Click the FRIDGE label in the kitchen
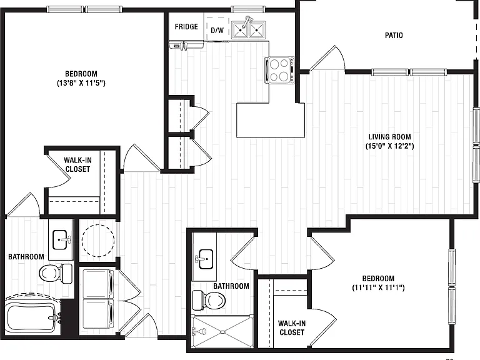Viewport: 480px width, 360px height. point(186,27)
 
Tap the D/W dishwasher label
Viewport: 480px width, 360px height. point(217,30)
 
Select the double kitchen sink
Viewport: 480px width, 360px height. point(248,29)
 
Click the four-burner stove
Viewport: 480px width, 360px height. point(280,70)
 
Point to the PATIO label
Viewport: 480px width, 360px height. point(394,35)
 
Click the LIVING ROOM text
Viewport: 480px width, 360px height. point(390,137)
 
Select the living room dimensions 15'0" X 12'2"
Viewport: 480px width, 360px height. point(390,146)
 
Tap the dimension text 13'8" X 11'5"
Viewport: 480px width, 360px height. point(81,83)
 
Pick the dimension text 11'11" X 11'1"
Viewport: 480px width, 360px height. point(378,287)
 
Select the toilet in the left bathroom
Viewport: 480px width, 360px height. point(56,273)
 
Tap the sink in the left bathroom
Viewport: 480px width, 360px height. point(61,240)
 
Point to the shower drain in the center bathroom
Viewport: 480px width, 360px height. point(223,331)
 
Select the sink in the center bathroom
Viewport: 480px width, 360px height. point(205,259)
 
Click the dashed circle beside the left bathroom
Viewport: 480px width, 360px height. point(98,241)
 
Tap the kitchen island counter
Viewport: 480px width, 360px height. point(271,120)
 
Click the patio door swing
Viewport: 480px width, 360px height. point(327,58)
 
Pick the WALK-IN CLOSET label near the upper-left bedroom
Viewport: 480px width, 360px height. point(77,165)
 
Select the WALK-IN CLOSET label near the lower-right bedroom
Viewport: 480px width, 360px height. point(292,328)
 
